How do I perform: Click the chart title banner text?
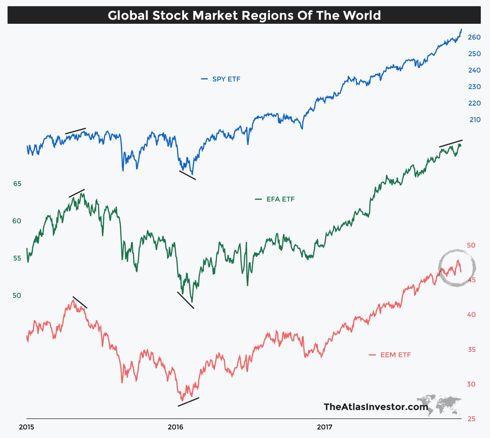[x=244, y=15]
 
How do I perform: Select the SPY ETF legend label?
[x=226, y=79]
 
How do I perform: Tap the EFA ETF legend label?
[x=280, y=199]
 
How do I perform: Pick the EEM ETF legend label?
[x=395, y=355]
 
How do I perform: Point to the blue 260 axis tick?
[x=474, y=37]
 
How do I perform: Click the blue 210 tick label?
[x=475, y=119]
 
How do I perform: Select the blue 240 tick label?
[x=474, y=70]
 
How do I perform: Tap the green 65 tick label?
[x=17, y=184]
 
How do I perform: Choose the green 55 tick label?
[x=17, y=258]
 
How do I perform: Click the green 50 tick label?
[x=17, y=295]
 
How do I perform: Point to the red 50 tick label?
[x=471, y=245]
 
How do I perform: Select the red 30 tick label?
[x=471, y=384]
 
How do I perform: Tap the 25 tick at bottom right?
[x=471, y=419]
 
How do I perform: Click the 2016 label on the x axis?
[x=176, y=427]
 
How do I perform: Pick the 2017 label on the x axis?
[x=325, y=427]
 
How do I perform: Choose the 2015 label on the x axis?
[x=27, y=427]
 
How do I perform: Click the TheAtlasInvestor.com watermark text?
[x=376, y=407]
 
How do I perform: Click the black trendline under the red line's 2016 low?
[x=188, y=402]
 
